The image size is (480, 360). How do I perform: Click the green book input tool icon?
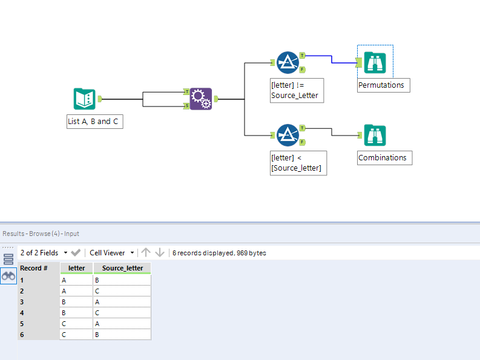tap(84, 99)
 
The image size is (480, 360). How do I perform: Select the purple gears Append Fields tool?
tap(201, 99)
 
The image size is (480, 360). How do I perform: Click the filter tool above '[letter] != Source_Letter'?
tap(288, 62)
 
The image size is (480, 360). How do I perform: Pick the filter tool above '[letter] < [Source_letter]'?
tap(288, 135)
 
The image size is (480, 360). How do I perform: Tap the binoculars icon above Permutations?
tap(375, 62)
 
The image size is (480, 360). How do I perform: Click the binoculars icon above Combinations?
tap(375, 135)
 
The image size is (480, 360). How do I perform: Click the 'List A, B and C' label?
tap(94, 122)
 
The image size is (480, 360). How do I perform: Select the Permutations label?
tap(381, 85)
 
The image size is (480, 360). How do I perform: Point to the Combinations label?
tap(383, 158)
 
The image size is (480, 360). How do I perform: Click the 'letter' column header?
tap(76, 268)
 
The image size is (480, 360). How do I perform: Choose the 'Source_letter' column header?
tap(122, 268)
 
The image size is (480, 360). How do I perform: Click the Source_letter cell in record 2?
tap(122, 290)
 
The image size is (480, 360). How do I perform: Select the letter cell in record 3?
tap(76, 301)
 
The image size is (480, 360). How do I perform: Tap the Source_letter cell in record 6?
tap(122, 334)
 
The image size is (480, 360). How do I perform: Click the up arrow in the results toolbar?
tap(146, 253)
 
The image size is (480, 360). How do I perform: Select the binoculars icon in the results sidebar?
tap(8, 276)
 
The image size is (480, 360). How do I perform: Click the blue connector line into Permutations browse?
tap(332, 58)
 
